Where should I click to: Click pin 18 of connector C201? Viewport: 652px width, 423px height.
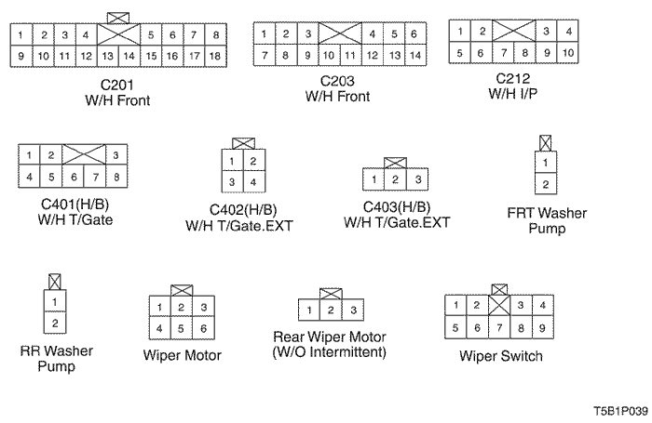point(215,56)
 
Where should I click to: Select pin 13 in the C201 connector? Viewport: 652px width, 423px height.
point(108,56)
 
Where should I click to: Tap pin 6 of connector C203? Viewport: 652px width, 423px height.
point(414,33)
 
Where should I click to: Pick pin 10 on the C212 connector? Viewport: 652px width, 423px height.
point(567,53)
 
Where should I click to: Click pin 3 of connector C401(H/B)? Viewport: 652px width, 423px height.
point(116,155)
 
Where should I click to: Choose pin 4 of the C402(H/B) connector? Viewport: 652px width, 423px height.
point(253,182)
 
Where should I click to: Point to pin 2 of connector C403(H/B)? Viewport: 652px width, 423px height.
point(395,179)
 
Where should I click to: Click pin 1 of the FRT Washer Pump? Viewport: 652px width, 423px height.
point(546,163)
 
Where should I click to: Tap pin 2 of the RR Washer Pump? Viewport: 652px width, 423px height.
point(55,323)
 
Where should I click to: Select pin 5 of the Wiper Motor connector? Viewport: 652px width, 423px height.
point(182,328)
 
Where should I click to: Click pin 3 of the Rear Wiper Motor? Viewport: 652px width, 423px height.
point(353,311)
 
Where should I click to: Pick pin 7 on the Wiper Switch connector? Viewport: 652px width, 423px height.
point(499,328)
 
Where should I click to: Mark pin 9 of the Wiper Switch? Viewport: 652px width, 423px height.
point(542,328)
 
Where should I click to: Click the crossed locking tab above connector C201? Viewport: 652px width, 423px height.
point(118,18)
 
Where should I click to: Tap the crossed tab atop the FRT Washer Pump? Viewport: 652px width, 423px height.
point(546,143)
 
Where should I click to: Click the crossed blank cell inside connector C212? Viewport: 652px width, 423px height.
point(513,31)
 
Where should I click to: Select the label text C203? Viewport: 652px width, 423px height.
point(337,81)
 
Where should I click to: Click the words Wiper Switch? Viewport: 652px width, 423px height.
point(501,356)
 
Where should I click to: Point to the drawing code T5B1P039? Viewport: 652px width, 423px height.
point(620,411)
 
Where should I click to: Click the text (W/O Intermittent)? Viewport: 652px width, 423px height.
point(330,352)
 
